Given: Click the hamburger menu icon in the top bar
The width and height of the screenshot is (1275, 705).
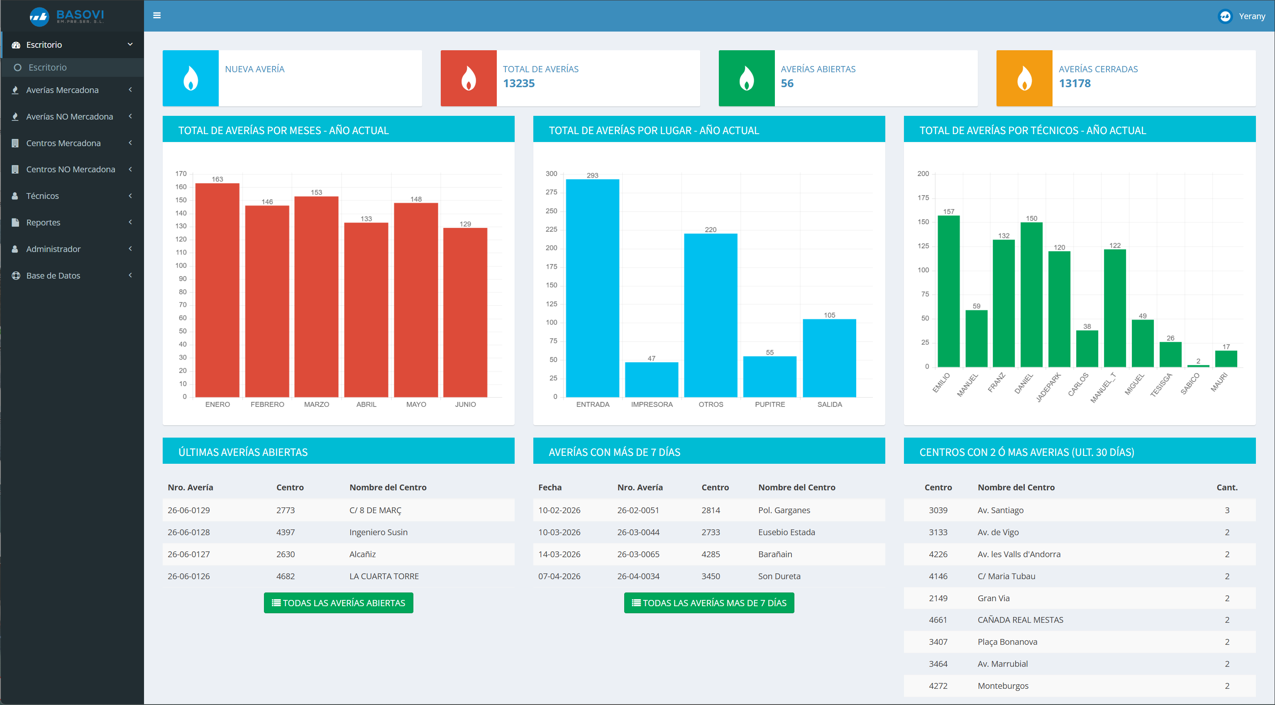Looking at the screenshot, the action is pos(157,15).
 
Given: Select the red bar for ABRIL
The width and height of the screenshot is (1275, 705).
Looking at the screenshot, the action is pos(366,310).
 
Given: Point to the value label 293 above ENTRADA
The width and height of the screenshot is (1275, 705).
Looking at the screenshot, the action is pos(592,175).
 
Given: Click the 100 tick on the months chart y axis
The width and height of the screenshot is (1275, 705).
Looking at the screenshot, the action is pos(181,265).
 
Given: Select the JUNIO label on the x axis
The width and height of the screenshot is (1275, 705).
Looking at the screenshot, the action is pos(465,404).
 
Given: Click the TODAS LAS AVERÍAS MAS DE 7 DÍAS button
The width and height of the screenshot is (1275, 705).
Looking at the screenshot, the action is pos(709,602).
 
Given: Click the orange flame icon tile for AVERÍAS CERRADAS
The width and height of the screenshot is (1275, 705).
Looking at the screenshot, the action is pos(1024,78).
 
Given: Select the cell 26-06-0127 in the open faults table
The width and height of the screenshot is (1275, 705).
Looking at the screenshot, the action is pos(188,554).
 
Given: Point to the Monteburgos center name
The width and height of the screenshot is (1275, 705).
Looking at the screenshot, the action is pos(1003,685).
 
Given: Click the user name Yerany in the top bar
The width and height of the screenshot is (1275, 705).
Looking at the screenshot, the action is pos(1252,16).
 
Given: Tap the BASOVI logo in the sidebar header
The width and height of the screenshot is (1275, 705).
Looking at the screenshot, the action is pos(67,16).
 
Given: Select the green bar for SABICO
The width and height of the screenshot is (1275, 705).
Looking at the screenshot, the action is pos(1198,366).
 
